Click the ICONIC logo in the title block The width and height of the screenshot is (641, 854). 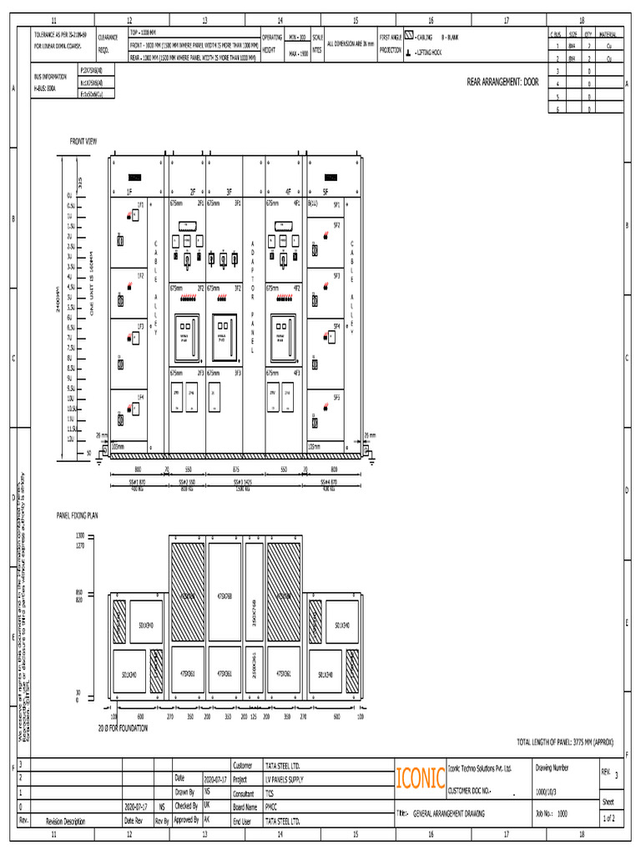[420, 778]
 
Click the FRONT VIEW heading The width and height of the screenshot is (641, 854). [83, 141]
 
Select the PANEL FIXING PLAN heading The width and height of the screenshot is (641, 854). [77, 516]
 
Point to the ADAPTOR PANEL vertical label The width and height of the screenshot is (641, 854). [253, 297]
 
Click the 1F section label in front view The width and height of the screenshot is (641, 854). [129, 191]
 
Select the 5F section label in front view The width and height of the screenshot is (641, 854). [326, 191]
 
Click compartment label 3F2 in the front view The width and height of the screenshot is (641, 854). [238, 288]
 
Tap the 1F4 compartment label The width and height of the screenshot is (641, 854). [140, 397]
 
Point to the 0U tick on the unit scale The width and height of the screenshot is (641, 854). [70, 195]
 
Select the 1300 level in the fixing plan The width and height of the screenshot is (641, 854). [80, 535]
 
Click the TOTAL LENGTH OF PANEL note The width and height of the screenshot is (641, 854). [568, 741]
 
